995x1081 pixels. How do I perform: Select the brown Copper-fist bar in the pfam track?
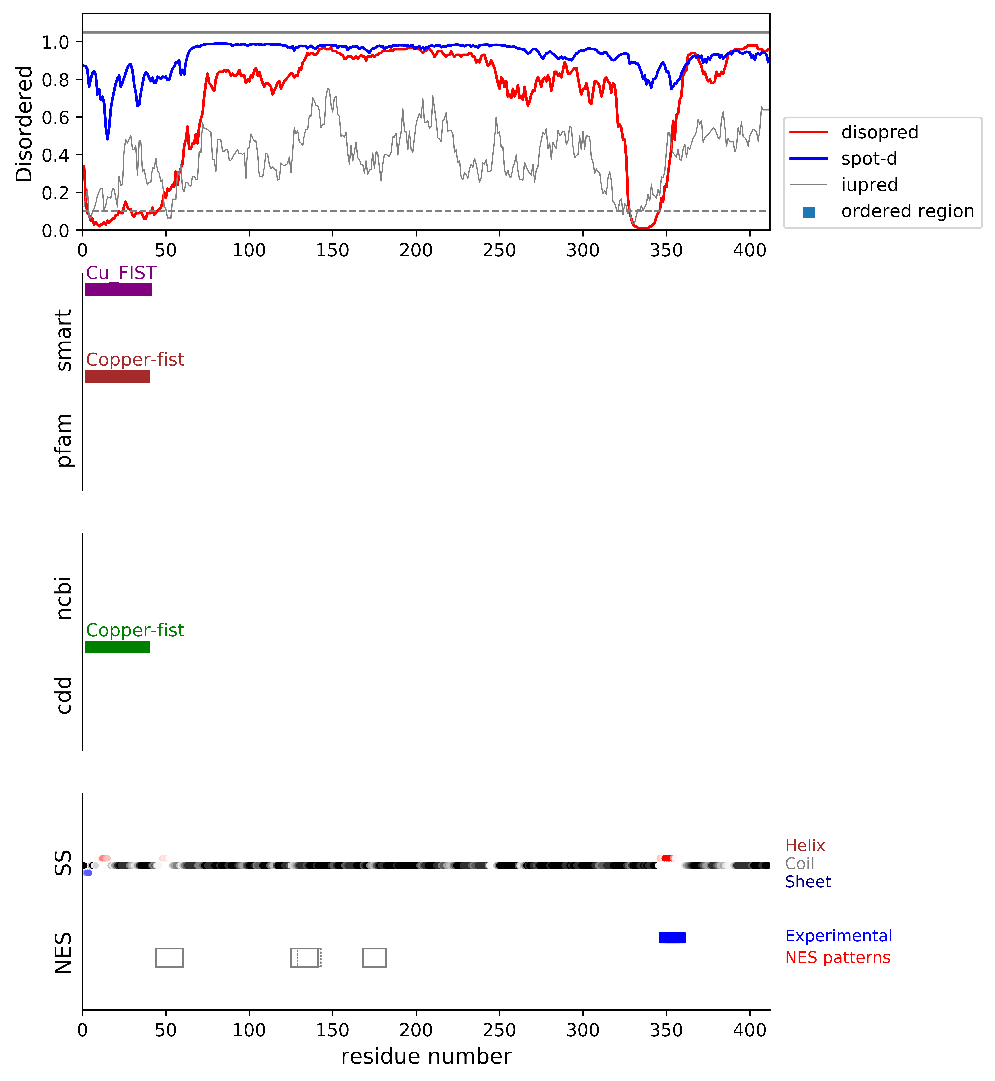[117, 376]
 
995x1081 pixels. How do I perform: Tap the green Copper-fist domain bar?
[117, 647]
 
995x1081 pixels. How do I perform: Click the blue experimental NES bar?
[672, 937]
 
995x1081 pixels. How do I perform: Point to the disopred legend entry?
[879, 132]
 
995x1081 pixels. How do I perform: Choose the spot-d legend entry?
[868, 158]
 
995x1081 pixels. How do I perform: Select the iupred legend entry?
[869, 185]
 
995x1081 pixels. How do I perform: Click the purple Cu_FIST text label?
[121, 273]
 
